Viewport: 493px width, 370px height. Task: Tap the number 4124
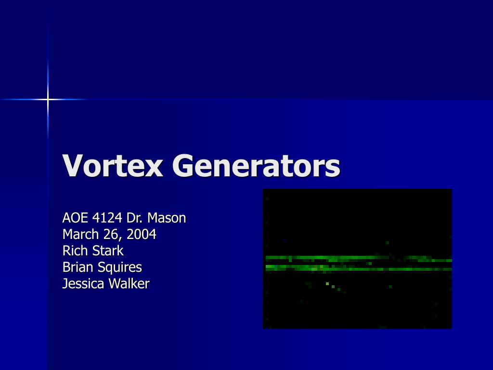click(x=107, y=218)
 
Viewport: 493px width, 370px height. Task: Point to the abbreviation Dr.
click(x=135, y=218)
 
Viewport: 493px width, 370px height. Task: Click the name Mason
click(x=167, y=218)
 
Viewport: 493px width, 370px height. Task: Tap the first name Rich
click(x=73, y=251)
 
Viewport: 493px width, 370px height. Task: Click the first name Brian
click(x=75, y=267)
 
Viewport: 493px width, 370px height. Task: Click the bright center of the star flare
click(x=48, y=99)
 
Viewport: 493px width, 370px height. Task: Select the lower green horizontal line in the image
click(x=357, y=268)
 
